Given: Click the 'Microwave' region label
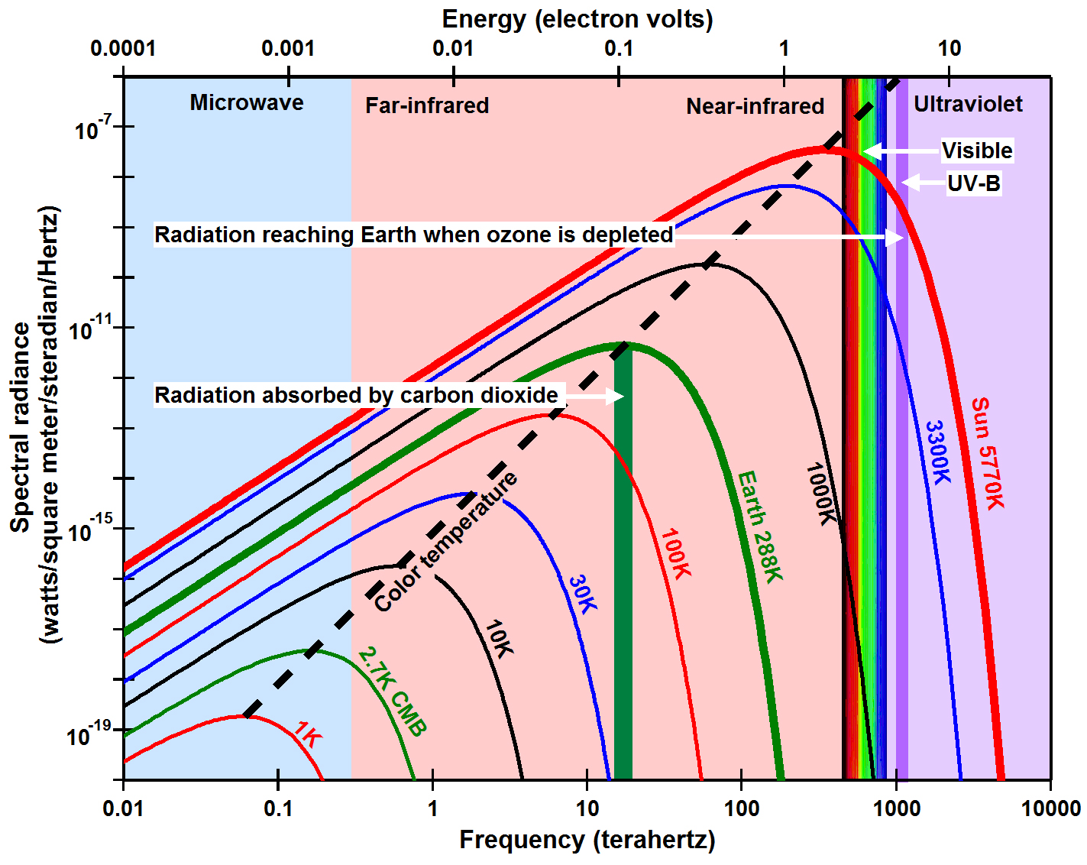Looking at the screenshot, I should (246, 102).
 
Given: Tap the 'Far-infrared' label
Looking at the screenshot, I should (427, 105).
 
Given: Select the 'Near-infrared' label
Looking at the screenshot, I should (755, 106).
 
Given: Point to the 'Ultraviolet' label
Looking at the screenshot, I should (968, 104).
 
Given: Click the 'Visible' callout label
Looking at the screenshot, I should (976, 151).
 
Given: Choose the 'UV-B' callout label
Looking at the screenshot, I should (973, 183).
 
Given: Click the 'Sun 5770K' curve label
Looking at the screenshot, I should (987, 453).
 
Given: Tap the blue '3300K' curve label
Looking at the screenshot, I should (938, 452).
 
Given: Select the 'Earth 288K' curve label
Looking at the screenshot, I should (760, 526).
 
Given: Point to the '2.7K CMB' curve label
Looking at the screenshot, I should (391, 692).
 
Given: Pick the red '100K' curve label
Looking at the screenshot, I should (675, 553).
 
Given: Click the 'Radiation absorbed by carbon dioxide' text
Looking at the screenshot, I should (356, 395).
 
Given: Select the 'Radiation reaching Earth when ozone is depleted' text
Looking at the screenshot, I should (413, 235).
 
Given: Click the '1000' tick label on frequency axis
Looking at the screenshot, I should (895, 808).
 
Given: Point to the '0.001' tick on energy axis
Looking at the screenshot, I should (288, 49).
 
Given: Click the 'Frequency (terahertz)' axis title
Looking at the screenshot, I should (587, 840).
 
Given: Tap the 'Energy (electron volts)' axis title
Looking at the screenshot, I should (577, 19).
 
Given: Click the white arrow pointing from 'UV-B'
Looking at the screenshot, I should (920, 183).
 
